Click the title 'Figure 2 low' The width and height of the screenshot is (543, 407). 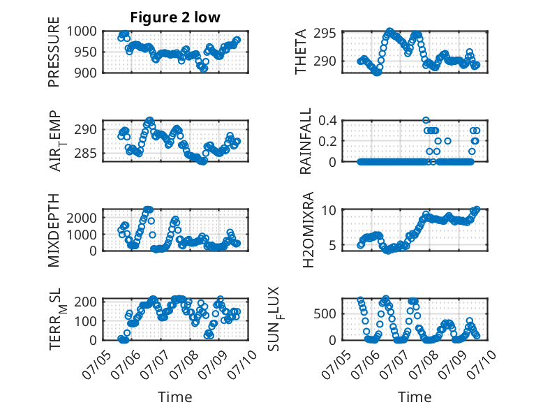coord(175,17)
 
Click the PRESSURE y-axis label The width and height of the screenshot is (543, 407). coord(54,52)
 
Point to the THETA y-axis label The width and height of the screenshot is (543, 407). coord(301,51)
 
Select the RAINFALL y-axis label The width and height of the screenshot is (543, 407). coord(306,141)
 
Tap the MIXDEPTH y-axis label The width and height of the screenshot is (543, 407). coord(54,230)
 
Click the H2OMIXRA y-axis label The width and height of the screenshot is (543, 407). coord(308,230)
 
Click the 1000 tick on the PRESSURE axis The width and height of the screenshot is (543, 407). coord(82,31)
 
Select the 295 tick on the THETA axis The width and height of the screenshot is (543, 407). coord(325,34)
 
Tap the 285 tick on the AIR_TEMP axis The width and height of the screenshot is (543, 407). coord(85,153)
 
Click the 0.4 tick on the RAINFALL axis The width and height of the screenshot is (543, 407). coord(327,121)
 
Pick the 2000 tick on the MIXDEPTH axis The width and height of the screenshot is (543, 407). coord(82,218)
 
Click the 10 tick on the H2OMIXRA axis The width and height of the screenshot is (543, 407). coord(329,210)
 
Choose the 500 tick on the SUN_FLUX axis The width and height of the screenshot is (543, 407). coord(325,314)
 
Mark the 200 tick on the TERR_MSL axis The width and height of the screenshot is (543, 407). coord(85,301)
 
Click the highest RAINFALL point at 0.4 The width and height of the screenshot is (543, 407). coord(426,120)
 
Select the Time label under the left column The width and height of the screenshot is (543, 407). coord(175,397)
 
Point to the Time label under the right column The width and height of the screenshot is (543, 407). coord(415,397)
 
